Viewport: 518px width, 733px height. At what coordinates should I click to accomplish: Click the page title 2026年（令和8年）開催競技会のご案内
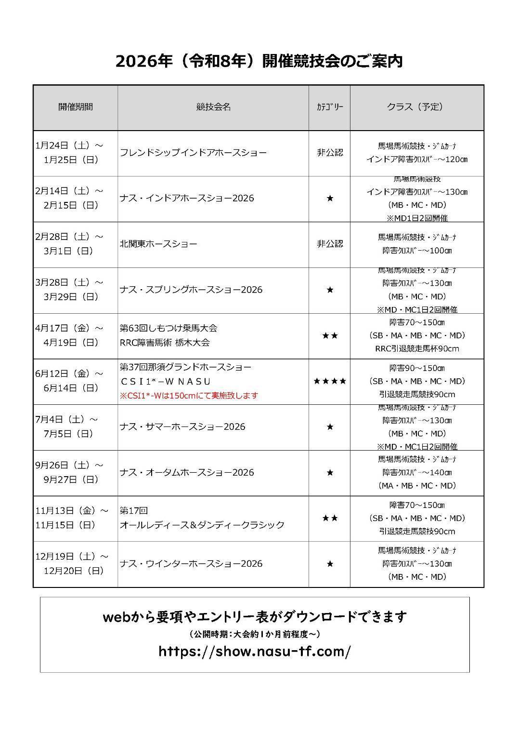pos(259,61)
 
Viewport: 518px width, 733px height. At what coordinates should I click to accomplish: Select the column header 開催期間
pos(76,107)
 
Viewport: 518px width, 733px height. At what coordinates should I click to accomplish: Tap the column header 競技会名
pos(213,107)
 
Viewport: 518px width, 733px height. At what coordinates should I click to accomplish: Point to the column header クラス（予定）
pos(416,107)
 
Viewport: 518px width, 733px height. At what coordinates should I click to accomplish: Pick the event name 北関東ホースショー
pos(158,244)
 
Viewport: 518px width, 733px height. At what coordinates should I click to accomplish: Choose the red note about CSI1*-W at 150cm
pos(189,396)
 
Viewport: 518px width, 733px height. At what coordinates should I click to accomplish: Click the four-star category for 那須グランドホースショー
pos(329,381)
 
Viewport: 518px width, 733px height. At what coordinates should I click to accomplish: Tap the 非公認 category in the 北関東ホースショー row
pos(330,244)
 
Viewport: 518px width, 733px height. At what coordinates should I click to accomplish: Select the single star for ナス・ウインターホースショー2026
pos(330,564)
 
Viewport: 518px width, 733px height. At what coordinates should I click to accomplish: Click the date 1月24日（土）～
pos(69,145)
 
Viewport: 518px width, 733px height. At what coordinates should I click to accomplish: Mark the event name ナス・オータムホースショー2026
pos(187,472)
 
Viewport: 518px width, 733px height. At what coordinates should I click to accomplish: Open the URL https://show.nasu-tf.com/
pos(255,652)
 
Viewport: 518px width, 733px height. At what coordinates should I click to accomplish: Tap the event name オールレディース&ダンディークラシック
pos(202,525)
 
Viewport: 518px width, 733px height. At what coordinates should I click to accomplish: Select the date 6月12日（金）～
pos(69,373)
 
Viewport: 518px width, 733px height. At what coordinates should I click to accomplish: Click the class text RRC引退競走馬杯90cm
pos(416,348)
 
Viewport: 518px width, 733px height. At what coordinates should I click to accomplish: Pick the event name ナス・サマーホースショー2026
pos(182,426)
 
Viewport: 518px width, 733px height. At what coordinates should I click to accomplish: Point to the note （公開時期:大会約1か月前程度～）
pos(255,633)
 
